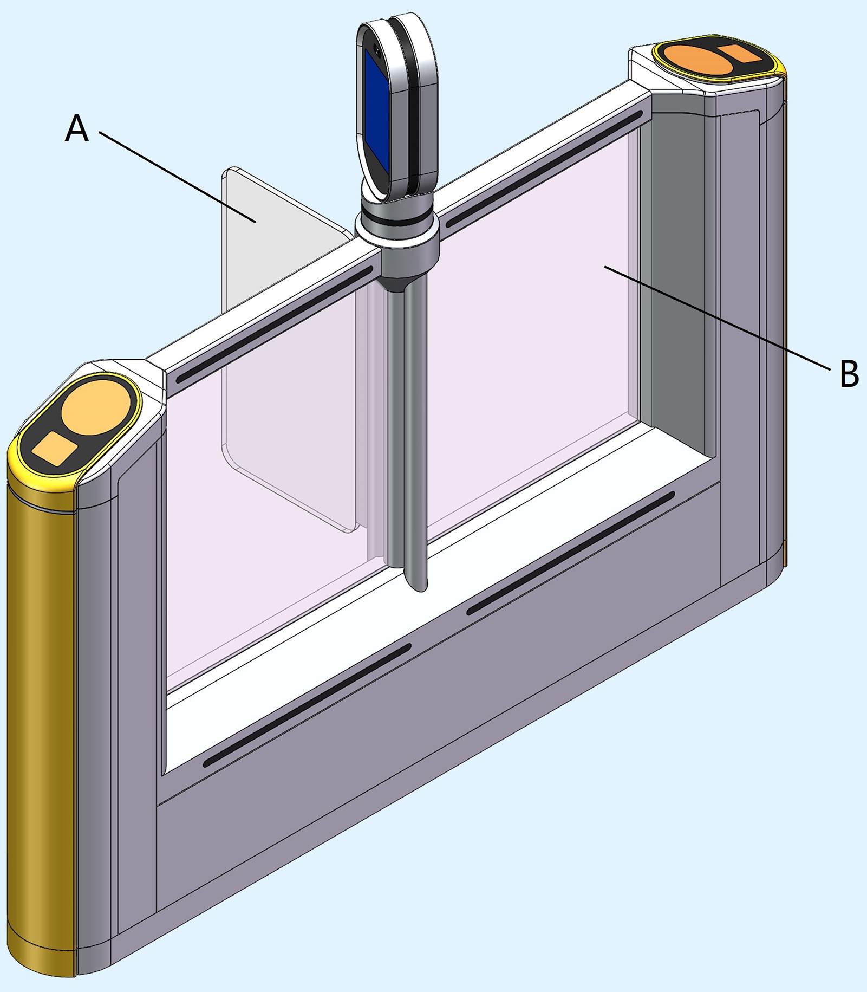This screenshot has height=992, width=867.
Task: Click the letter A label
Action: coord(76,129)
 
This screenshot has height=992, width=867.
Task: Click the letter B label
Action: coord(849,373)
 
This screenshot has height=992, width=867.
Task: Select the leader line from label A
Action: coord(177,177)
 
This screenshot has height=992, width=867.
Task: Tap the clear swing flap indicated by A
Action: coord(287,347)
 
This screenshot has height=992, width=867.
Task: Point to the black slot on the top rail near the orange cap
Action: coord(544,168)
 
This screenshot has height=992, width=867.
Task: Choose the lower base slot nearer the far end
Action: coord(571,553)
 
